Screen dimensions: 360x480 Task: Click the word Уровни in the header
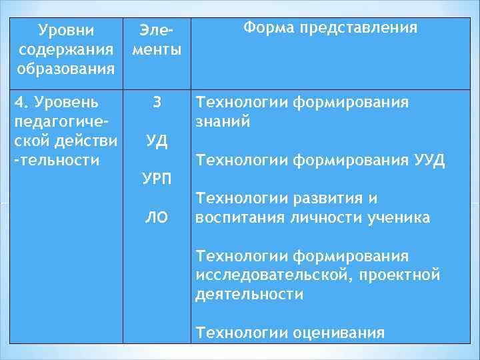(x=67, y=31)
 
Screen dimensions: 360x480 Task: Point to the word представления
(x=358, y=28)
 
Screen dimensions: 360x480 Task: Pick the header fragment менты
(x=157, y=50)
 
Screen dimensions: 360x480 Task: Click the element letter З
(x=157, y=103)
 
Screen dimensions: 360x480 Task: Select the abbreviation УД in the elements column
(x=157, y=141)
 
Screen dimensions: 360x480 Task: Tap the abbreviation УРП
(x=157, y=179)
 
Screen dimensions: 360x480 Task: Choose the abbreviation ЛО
(x=157, y=217)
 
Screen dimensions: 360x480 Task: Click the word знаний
(x=223, y=122)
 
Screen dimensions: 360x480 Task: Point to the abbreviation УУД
(x=429, y=161)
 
